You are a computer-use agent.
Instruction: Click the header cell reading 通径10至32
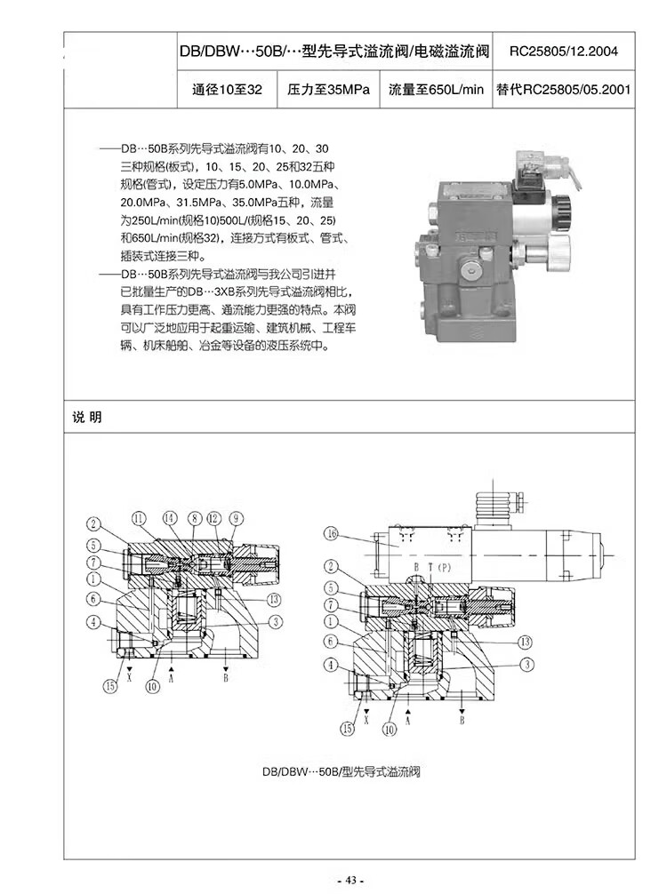tap(227, 90)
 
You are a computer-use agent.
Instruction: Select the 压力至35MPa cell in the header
tap(329, 90)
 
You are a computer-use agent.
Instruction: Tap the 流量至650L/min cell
tap(436, 90)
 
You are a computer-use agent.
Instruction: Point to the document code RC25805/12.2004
tap(564, 52)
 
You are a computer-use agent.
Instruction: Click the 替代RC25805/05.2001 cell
tap(564, 90)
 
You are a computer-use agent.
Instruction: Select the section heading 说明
tap(87, 417)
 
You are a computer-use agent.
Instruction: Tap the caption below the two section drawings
tap(342, 772)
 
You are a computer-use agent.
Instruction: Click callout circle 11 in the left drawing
tap(140, 518)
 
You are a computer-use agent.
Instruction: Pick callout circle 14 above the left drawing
tap(170, 518)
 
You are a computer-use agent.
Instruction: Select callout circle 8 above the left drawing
tap(195, 518)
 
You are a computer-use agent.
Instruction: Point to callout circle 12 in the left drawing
tap(214, 518)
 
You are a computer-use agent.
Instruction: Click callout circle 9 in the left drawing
tap(237, 518)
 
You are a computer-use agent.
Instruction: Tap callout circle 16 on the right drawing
tap(331, 534)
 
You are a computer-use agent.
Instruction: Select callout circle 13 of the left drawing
tap(275, 599)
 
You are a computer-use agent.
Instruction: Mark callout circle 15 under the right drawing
tap(347, 728)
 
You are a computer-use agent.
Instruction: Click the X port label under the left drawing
tap(130, 677)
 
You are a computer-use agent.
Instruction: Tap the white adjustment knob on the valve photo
tap(557, 250)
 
